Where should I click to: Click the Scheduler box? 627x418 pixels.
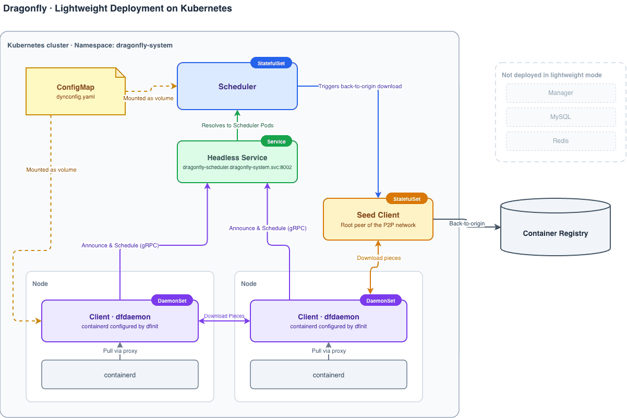point(237,86)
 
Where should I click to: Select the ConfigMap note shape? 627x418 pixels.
point(76,91)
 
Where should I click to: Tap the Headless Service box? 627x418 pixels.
point(237,162)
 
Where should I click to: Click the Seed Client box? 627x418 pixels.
point(378,219)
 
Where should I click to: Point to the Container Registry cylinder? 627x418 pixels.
point(556,227)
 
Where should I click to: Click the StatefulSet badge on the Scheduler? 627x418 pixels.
point(271,63)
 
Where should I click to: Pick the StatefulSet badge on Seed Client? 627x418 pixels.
point(407,199)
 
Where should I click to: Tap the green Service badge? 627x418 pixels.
point(276,141)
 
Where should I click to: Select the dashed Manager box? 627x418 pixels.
point(561,93)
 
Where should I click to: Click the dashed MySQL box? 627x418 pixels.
point(561,117)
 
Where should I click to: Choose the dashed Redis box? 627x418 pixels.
point(561,141)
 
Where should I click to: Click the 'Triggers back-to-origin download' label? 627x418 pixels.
point(360,86)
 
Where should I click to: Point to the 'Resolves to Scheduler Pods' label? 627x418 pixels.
point(237,125)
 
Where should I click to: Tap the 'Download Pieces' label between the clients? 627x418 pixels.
point(224,316)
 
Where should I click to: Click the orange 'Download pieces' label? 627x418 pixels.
point(379,258)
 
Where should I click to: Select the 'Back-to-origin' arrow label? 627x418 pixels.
point(467,223)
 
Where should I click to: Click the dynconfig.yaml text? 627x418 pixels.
point(76,97)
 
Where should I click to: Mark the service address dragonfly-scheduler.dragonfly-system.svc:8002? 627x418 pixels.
point(237,168)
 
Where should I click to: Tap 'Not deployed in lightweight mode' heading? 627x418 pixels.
point(552,75)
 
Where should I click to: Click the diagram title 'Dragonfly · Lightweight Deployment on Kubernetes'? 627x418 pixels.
point(117,8)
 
